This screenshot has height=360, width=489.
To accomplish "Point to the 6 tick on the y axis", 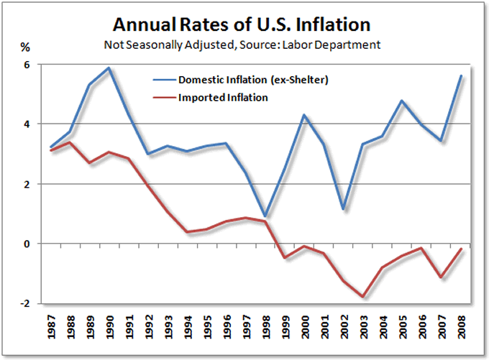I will pos(27,65).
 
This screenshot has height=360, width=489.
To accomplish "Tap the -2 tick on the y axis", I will pos(25,304).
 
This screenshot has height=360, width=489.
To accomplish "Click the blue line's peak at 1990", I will pos(108,68).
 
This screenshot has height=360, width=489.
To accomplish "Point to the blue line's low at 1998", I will pos(265,216).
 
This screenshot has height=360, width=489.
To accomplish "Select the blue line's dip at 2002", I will pos(343,209).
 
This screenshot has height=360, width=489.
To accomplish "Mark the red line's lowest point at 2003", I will pos(363,297).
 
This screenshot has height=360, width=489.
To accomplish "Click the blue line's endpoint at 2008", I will pos(461,76).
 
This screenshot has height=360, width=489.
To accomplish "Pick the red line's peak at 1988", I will pos(69,142).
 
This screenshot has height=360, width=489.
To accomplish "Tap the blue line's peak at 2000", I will pos(304,115).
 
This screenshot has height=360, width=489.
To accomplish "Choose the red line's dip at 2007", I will pos(441,277).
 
